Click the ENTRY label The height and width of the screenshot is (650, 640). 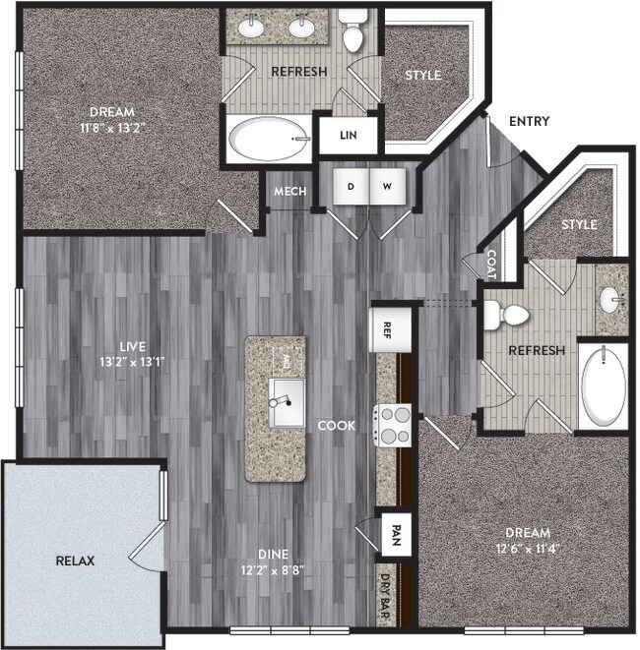(x=529, y=122)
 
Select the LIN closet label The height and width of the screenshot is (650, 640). (x=348, y=136)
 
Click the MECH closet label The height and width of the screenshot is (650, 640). (x=289, y=192)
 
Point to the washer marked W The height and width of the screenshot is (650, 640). (x=388, y=186)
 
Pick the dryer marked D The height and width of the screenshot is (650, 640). (x=350, y=186)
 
